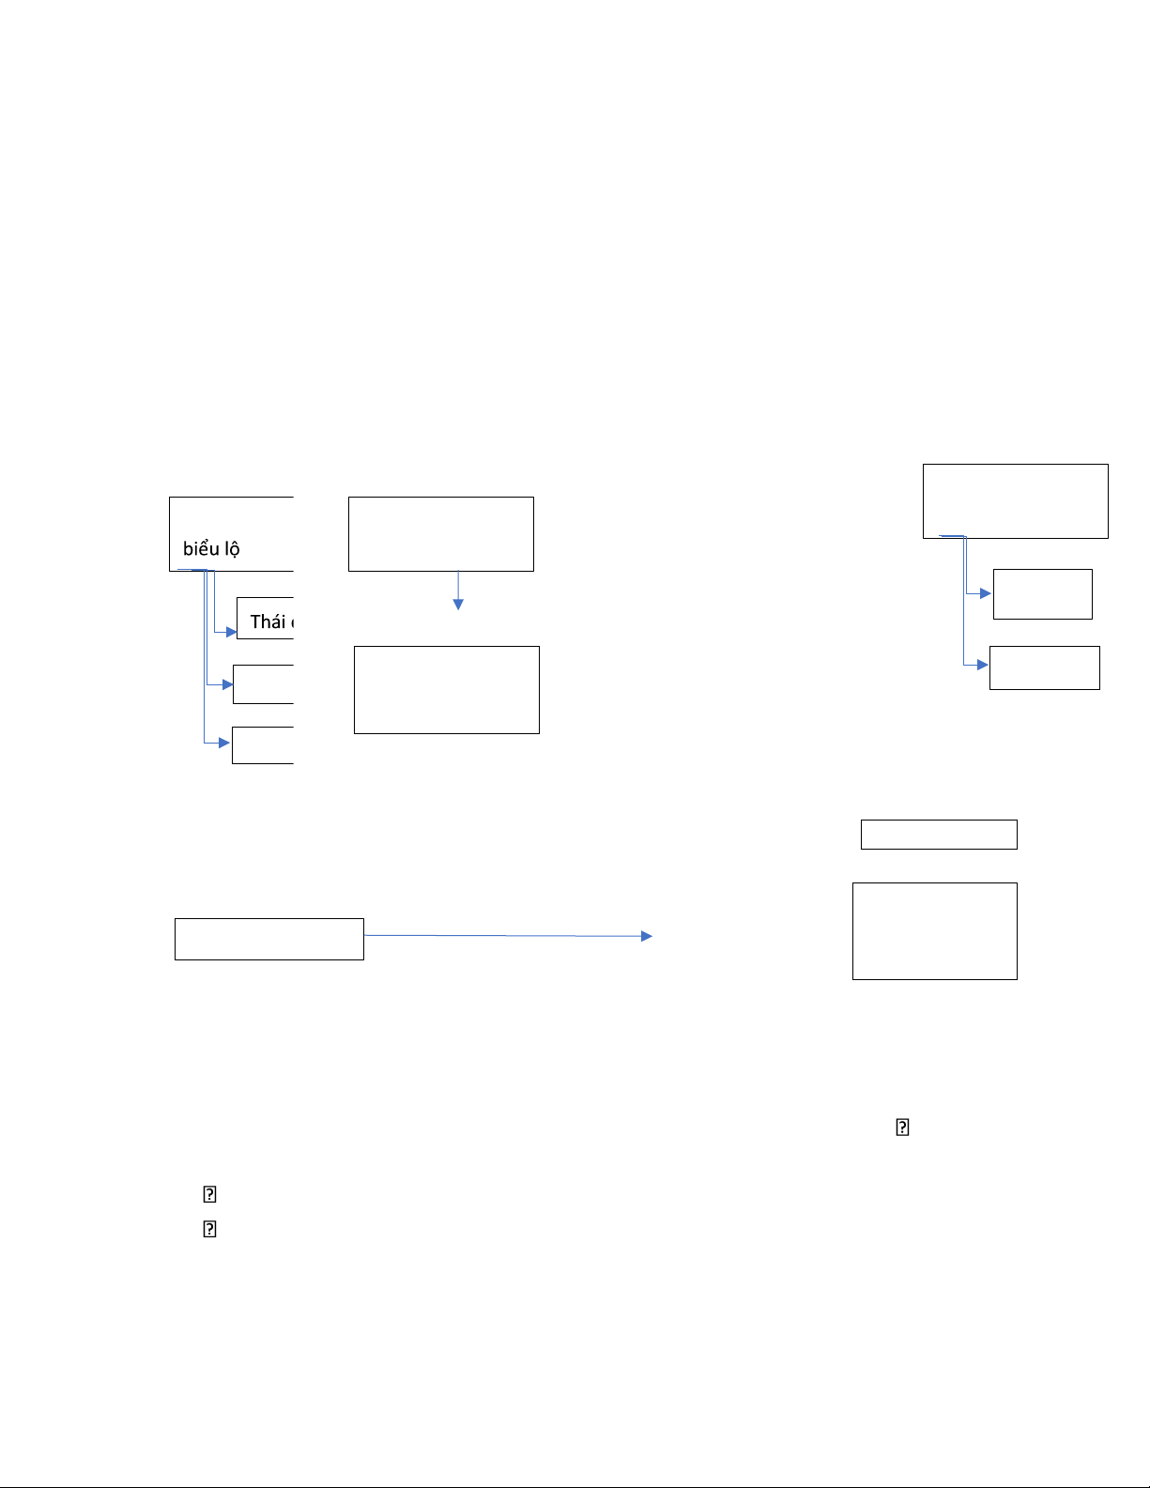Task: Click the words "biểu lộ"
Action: pyautogui.click(x=211, y=549)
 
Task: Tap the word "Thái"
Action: pyautogui.click(x=268, y=621)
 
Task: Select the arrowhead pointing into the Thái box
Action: pyautogui.click(x=232, y=632)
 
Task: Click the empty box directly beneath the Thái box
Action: pyautogui.click(x=264, y=684)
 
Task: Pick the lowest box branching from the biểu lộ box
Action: pyautogui.click(x=263, y=744)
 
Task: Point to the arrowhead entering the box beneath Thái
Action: pyautogui.click(x=228, y=685)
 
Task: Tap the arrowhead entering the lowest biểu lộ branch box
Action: pyautogui.click(x=225, y=743)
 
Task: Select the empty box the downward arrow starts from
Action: pyautogui.click(x=440, y=533)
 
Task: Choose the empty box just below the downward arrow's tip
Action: pyautogui.click(x=446, y=689)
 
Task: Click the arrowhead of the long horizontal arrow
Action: pyautogui.click(x=647, y=936)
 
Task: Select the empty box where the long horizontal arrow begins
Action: pyautogui.click(x=268, y=939)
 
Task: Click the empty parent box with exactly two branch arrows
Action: pyautogui.click(x=1015, y=500)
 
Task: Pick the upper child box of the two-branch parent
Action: pyautogui.click(x=1042, y=593)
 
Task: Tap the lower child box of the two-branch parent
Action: pyautogui.click(x=1044, y=667)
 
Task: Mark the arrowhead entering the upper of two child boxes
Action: pyautogui.click(x=986, y=593)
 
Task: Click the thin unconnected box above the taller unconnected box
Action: pyautogui.click(x=939, y=834)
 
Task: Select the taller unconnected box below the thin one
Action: pyautogui.click(x=934, y=930)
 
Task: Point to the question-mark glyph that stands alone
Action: pyautogui.click(x=902, y=1128)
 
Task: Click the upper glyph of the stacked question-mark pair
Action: pyautogui.click(x=210, y=1194)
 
